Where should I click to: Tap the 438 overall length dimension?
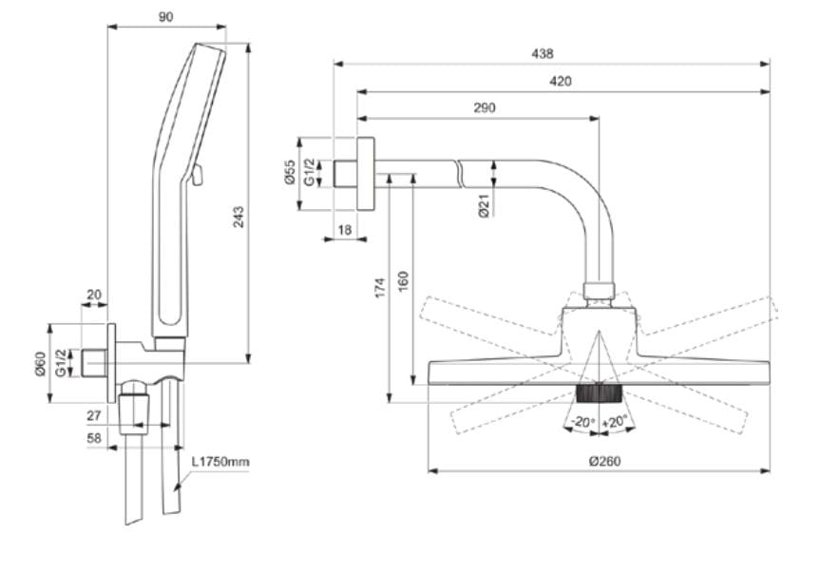pos(542,54)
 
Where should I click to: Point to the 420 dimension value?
pos(561,82)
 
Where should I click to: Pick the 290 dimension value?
pos(485,108)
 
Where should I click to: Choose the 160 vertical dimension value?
pos(402,281)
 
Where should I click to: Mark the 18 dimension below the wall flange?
pos(344,229)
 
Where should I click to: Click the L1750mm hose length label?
pos(220,463)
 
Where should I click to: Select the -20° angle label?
pos(580,421)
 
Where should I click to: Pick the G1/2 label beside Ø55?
pos(310,173)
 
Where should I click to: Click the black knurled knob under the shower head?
pos(599,394)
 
